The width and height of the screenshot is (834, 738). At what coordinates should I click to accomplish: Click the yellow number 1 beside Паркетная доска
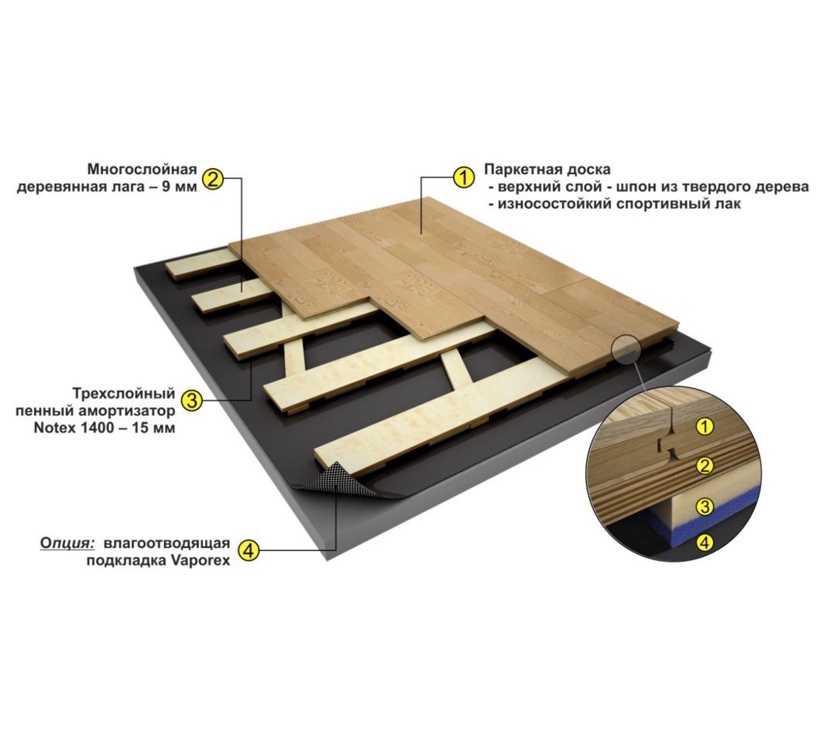click(x=463, y=177)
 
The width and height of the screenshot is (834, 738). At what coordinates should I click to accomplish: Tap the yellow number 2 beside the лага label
click(x=212, y=179)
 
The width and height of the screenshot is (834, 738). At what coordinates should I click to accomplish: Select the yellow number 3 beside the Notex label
click(x=191, y=399)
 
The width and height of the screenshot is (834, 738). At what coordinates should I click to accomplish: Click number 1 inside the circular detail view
click(x=705, y=427)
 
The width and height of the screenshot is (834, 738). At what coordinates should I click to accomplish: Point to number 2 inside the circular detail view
click(x=705, y=466)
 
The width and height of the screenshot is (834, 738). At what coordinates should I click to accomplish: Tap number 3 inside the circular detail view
click(x=705, y=507)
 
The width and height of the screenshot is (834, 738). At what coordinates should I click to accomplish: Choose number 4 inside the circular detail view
click(x=705, y=542)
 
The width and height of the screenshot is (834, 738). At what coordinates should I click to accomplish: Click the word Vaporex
click(x=201, y=561)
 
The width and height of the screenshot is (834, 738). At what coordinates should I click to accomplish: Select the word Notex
click(x=52, y=428)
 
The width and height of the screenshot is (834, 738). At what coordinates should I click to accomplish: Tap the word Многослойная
click(x=142, y=169)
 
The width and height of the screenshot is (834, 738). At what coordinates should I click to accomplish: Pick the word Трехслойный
click(x=124, y=395)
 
